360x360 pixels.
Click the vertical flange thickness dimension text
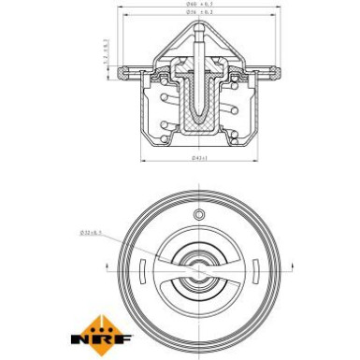coord(107,56)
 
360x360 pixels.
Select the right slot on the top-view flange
coord(280,271)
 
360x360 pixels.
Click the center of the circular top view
coord(198,272)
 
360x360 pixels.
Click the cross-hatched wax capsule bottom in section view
coord(199,127)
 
